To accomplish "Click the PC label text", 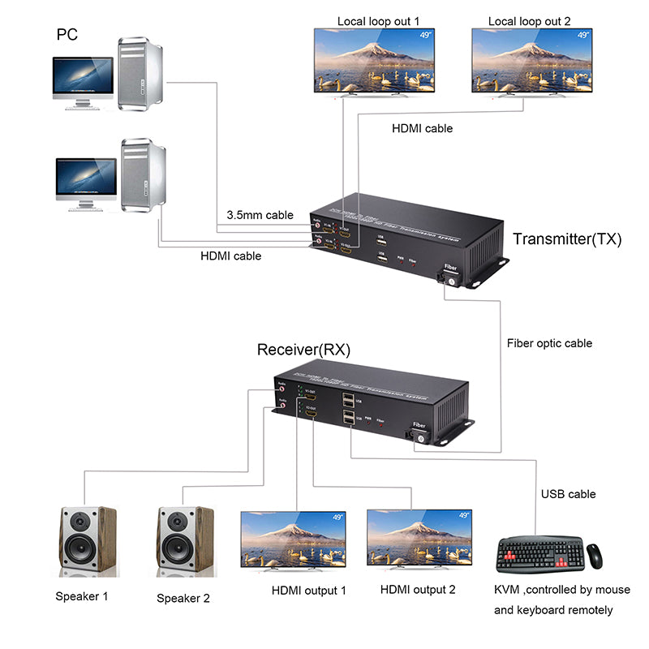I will pos(68,35).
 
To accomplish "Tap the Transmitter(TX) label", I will pos(567,239).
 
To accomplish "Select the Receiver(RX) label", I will pos(303,350).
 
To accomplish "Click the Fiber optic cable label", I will pos(549,343).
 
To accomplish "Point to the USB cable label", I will pos(568,494).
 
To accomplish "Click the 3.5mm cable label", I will pos(260,215).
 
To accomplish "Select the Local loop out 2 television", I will pos(531,61).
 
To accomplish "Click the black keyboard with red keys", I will pos(539,554).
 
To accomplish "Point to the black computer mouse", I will pos(595,555).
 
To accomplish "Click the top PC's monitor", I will pos(83,78).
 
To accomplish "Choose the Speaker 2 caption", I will pos(183,599).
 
